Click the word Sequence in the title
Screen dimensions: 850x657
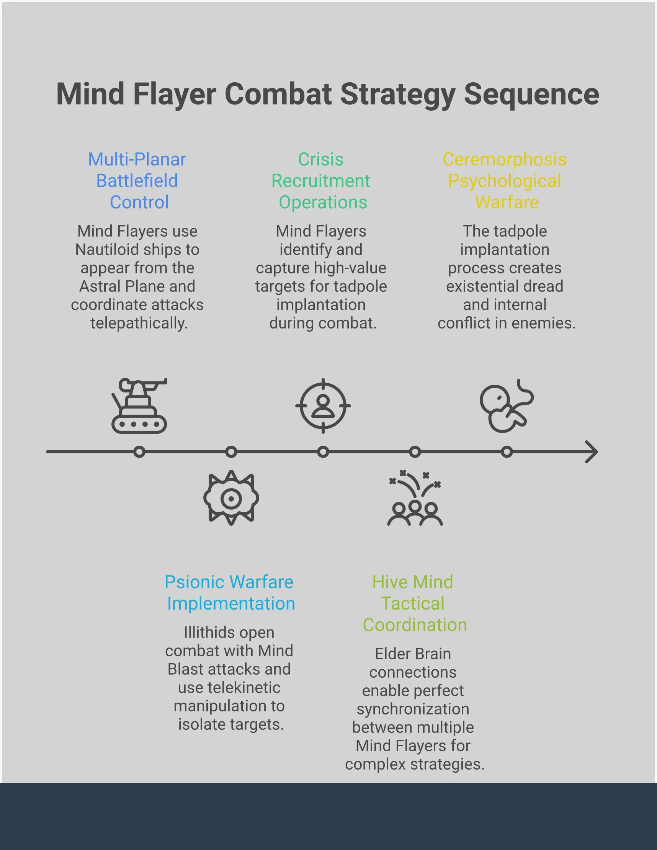pos(531,94)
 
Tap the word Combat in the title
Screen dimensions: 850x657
pos(278,94)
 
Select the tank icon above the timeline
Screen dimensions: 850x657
pos(139,405)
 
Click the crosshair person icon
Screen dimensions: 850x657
pos(323,405)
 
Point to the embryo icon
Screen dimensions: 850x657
pos(506,405)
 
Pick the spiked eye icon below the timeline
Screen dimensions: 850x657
pos(231,498)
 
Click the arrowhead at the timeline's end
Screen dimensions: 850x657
pos(592,452)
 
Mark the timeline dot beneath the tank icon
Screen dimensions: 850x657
pos(139,452)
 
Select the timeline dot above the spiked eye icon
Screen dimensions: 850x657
pos(231,452)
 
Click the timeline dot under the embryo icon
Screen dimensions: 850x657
pos(507,452)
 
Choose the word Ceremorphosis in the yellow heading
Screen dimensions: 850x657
pos(504,160)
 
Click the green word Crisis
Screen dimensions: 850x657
pos(321,160)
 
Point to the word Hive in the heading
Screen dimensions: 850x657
pos(390,582)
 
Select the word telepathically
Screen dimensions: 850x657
pos(139,323)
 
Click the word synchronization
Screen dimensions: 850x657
pos(413,709)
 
